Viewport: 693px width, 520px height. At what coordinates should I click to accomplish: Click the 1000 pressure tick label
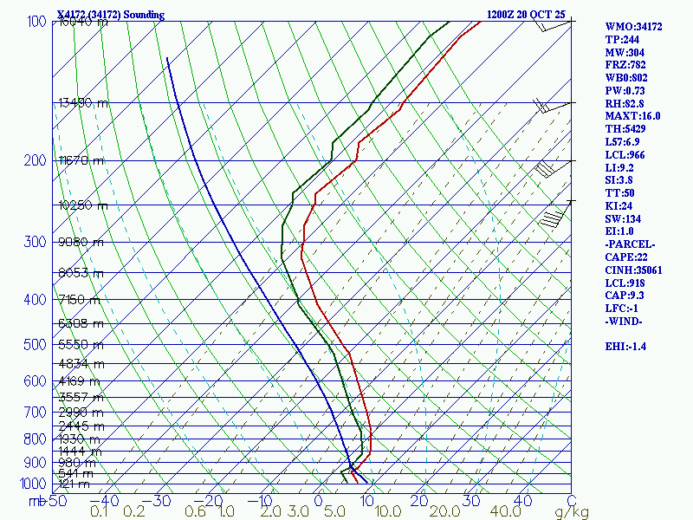point(35,484)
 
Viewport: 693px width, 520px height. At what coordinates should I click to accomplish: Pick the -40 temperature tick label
point(106,500)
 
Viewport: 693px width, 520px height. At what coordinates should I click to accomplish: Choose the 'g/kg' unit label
point(572,512)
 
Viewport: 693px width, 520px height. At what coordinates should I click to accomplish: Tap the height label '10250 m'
point(83,205)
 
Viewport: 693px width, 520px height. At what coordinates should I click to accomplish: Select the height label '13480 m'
point(83,102)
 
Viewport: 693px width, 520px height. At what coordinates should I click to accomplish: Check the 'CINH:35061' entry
point(633,270)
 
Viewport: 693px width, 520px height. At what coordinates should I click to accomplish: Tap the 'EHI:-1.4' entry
point(628,347)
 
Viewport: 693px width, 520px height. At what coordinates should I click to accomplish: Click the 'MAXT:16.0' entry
point(632,116)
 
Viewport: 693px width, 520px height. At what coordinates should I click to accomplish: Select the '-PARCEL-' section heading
point(630,244)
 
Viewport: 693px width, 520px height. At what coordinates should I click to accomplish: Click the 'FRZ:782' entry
point(625,65)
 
